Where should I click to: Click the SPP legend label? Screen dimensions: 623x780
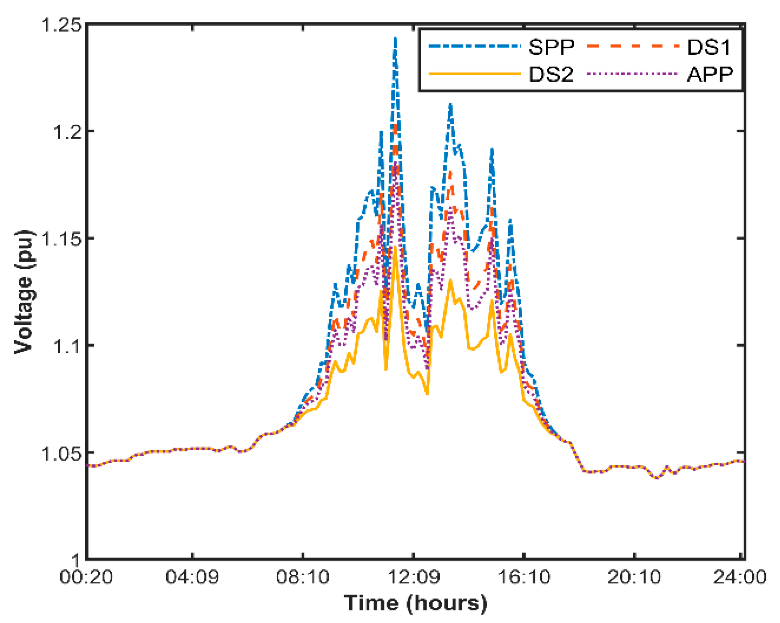551,47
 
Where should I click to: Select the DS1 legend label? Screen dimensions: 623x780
709,47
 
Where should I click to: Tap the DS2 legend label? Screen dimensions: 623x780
551,74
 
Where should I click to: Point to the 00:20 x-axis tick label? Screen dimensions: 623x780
86,577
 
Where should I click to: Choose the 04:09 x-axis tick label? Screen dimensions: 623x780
192,577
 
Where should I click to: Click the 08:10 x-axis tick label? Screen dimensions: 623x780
303,577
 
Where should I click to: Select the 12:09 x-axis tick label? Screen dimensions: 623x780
414,577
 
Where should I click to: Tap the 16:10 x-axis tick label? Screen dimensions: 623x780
524,577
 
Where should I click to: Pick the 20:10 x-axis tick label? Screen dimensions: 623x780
634,577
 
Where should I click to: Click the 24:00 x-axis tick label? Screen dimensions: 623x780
739,577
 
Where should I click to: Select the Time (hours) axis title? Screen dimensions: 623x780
415,603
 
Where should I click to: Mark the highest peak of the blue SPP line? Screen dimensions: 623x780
396,38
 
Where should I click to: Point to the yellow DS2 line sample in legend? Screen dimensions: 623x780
474,74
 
